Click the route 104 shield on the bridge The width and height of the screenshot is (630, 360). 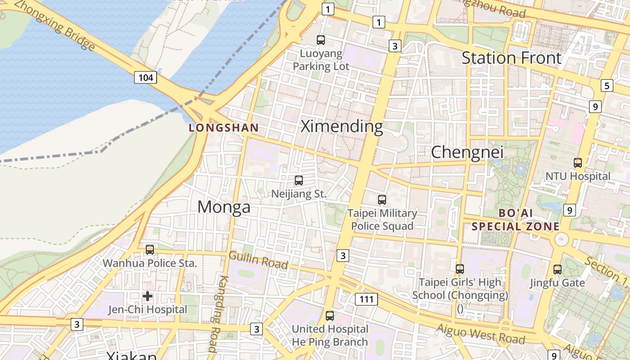coord(145,77)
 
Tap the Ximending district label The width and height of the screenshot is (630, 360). coord(342,126)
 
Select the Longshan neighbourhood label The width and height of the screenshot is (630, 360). coord(224,128)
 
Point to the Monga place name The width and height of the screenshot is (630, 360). coord(224,207)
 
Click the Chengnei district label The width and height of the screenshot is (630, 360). coord(467,152)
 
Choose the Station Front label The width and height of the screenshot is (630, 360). coord(512,58)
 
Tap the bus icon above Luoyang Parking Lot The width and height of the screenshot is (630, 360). coord(321,40)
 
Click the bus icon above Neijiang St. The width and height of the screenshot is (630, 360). coord(298,180)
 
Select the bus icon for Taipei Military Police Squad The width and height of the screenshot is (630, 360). coord(382,199)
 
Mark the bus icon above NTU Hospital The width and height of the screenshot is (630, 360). coord(578,162)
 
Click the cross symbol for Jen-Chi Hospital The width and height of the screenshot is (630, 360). coord(148,296)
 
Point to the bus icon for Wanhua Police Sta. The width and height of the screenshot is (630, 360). coord(150,249)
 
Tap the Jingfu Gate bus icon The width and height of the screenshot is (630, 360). coord(558,269)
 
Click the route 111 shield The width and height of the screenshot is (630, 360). coord(366,299)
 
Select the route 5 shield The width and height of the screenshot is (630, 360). coord(607,85)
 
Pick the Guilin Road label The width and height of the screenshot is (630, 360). coord(258,260)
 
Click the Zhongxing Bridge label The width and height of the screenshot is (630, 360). coord(54,25)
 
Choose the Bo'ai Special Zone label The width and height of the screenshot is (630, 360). coord(516,219)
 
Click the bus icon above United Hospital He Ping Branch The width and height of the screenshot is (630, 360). coord(330,315)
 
